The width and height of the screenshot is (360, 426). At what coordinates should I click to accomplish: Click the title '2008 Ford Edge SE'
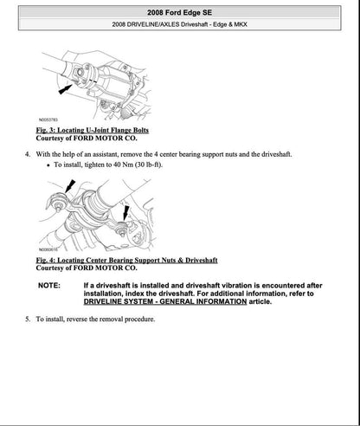(179, 10)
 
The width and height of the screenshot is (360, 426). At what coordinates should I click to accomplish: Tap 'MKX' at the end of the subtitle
(258, 24)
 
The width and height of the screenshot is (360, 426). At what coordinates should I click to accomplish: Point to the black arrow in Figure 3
(65, 87)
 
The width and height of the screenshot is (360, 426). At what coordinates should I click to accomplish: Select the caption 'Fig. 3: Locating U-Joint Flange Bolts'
(93, 129)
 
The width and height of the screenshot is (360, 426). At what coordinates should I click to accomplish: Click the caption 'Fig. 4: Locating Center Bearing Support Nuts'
(126, 260)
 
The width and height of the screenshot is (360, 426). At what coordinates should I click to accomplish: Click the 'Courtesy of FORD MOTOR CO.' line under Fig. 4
(87, 268)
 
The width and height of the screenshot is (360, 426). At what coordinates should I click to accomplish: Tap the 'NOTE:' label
(49, 285)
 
